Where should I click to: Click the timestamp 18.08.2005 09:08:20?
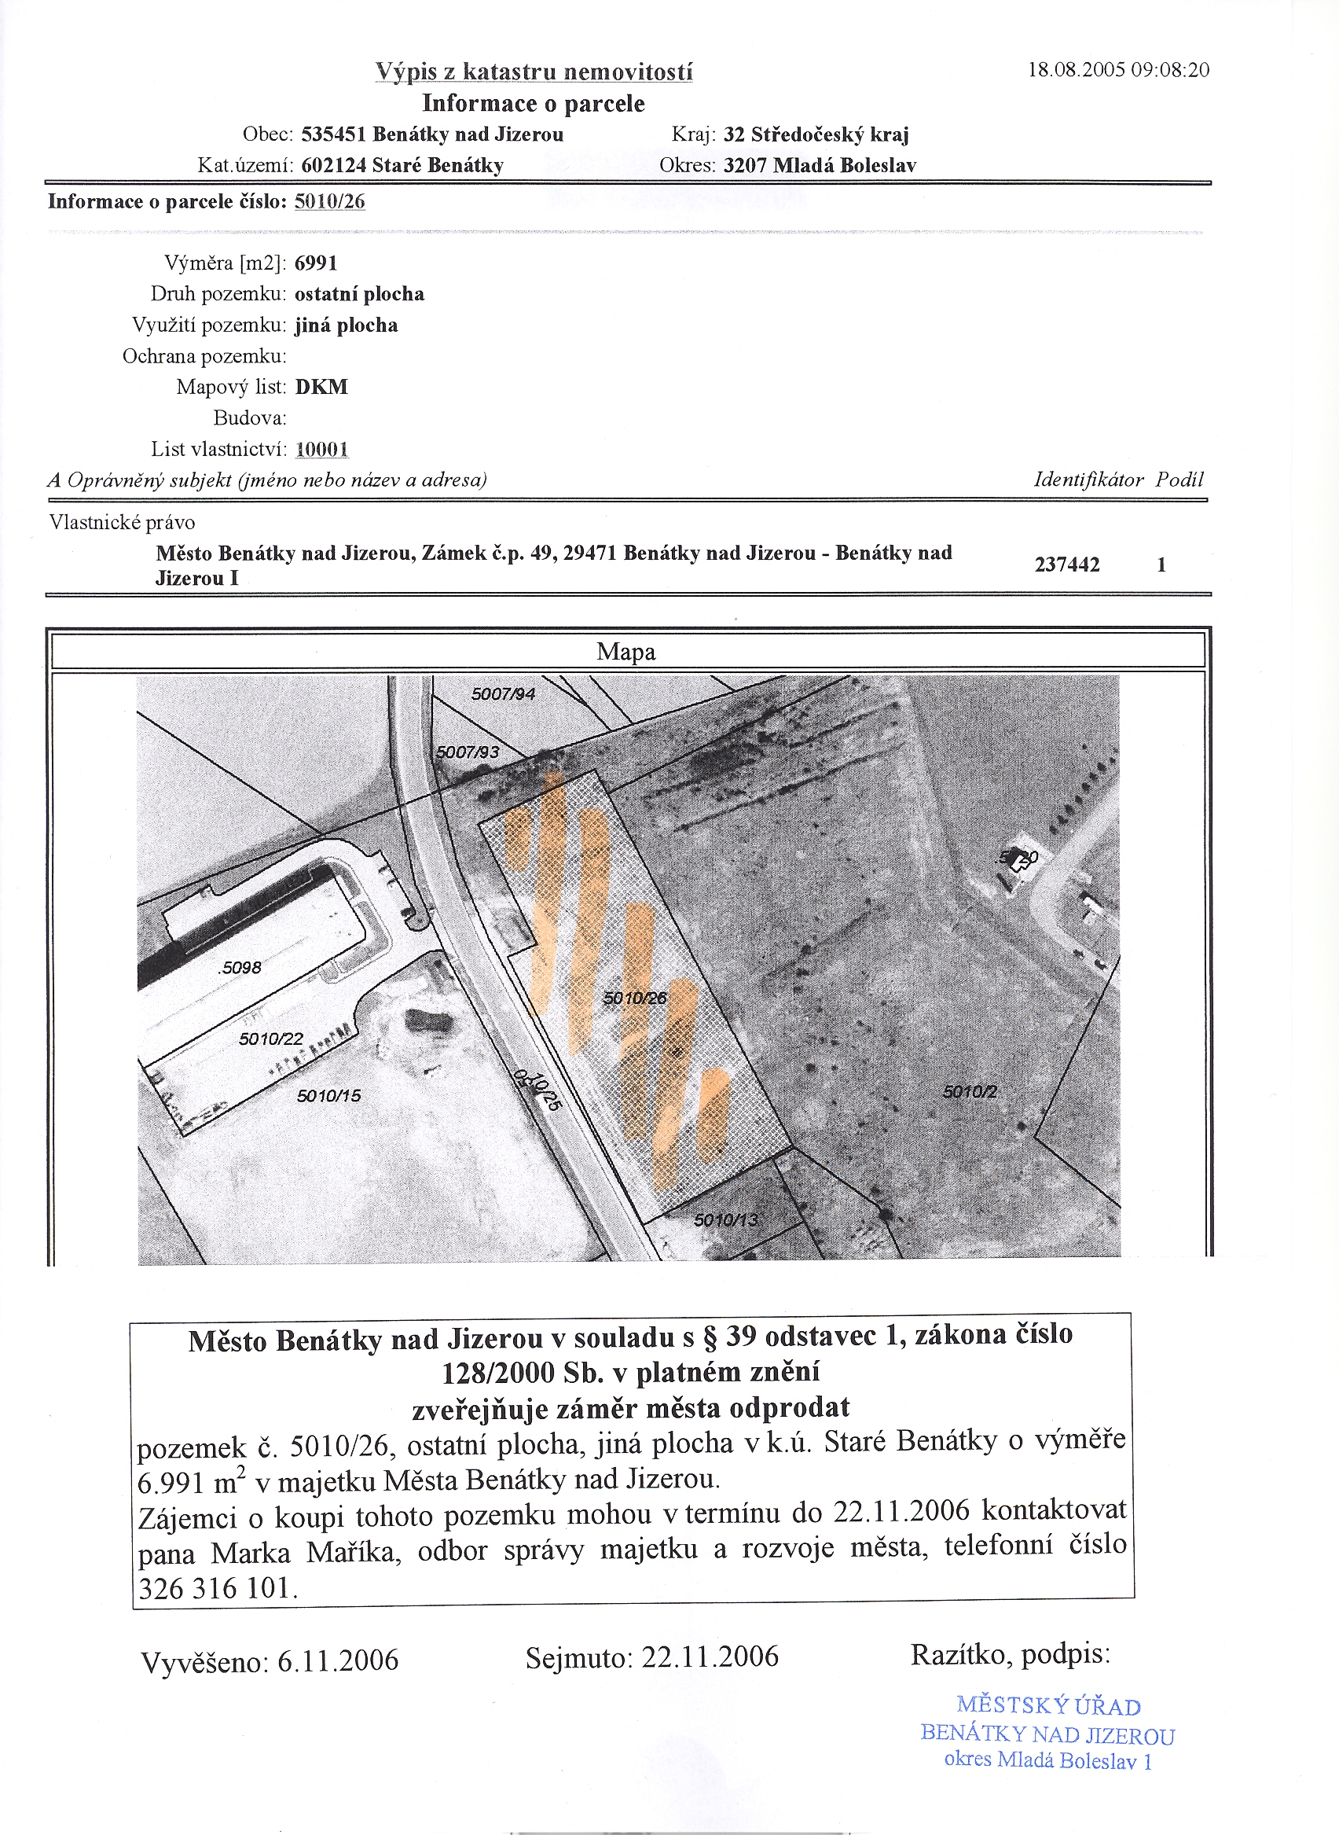[x=1117, y=70]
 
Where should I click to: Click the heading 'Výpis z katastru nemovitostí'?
[x=534, y=72]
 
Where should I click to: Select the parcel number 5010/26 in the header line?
[x=329, y=201]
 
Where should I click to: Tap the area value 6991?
[x=315, y=263]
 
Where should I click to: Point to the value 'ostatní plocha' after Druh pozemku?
[x=359, y=293]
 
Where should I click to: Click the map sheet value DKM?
[x=321, y=387]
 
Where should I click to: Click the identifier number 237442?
[x=1066, y=564]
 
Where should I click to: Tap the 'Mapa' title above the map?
[x=625, y=652]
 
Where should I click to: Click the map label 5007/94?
[x=504, y=693]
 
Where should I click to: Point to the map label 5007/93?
[x=468, y=752]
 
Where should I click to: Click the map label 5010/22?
[x=271, y=1039]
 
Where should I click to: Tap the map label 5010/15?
[x=328, y=1096]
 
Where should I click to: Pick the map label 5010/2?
[x=970, y=1092]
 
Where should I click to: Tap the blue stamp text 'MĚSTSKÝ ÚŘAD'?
[x=1048, y=1706]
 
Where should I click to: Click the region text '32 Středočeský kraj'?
[x=816, y=134]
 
